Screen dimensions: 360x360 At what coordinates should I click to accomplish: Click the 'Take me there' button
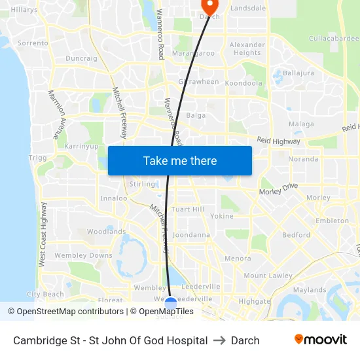(x=179, y=160)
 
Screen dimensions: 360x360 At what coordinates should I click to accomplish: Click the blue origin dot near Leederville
(x=170, y=303)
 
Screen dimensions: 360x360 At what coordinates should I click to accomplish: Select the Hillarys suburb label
(x=24, y=10)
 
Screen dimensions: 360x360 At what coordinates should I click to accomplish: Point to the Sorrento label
(x=33, y=43)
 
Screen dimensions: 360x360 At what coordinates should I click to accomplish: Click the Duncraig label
(x=81, y=58)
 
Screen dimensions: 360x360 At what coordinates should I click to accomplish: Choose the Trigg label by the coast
(x=38, y=158)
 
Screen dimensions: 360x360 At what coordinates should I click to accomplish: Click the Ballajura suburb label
(x=298, y=73)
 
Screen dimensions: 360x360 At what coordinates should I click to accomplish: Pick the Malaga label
(x=301, y=124)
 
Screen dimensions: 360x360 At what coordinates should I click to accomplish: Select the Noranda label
(x=303, y=158)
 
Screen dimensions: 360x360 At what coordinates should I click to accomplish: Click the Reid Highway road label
(x=278, y=141)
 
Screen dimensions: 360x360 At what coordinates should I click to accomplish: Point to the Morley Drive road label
(x=278, y=189)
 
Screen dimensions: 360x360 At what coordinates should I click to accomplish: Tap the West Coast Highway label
(x=43, y=234)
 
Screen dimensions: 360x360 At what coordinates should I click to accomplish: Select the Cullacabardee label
(x=334, y=39)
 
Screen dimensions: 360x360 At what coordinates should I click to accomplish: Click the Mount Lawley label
(x=268, y=276)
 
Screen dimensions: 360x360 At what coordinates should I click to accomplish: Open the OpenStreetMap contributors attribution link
(x=65, y=312)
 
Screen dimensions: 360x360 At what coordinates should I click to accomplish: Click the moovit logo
(x=321, y=340)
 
